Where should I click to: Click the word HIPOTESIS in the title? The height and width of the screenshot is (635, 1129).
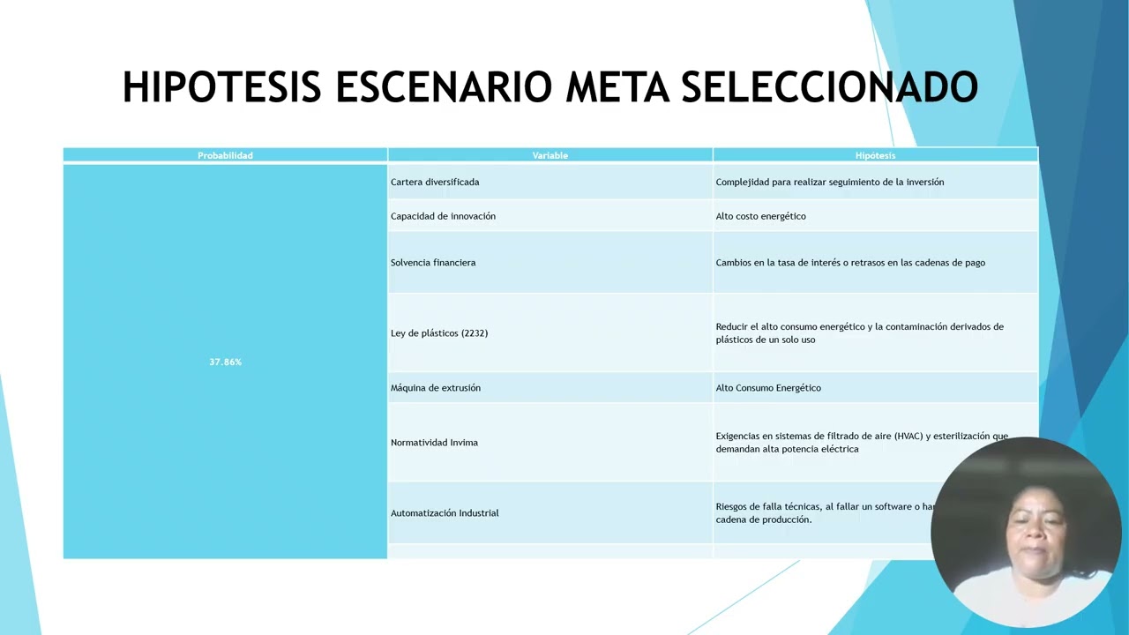(x=221, y=87)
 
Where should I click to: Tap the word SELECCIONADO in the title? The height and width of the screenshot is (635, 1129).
(x=829, y=87)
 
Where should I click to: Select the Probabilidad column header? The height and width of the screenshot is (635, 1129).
(x=225, y=155)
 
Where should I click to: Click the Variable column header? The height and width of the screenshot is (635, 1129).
(x=550, y=155)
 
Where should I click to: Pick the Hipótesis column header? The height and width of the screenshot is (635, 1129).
(x=875, y=155)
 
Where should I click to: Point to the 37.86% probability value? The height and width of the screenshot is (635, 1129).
(x=225, y=362)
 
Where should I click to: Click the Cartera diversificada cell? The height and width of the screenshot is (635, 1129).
(x=435, y=182)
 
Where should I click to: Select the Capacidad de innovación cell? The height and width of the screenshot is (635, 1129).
(x=443, y=216)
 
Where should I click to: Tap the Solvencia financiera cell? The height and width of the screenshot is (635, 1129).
(x=433, y=262)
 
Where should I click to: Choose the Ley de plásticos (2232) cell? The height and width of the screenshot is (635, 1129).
(x=439, y=332)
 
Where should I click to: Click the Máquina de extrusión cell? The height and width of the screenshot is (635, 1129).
(x=436, y=387)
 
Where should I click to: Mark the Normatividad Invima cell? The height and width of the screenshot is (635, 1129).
(x=434, y=442)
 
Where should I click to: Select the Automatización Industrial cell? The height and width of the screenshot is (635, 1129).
(x=445, y=512)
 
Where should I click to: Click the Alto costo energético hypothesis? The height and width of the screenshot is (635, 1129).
(x=760, y=216)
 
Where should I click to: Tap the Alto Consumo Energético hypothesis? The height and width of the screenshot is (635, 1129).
(x=768, y=387)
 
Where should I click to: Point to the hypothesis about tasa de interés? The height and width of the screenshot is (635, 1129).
(x=850, y=262)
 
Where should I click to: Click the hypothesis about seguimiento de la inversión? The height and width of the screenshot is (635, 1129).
(x=829, y=182)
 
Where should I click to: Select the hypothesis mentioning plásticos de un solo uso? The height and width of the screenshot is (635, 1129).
(x=859, y=332)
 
